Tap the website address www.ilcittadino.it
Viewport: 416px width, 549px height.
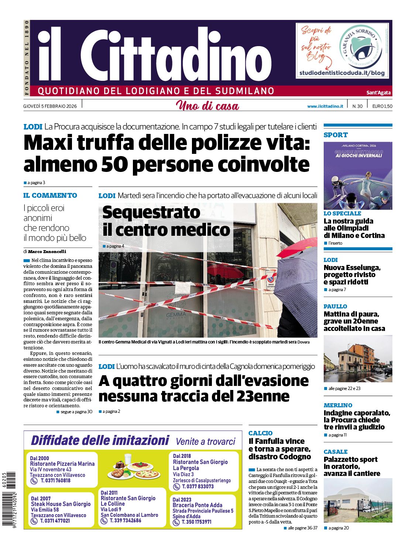tap(325, 106)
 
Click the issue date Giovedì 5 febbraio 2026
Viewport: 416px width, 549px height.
tap(50, 106)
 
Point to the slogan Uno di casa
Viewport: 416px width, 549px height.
tap(207, 106)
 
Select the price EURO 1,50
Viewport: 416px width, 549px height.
tap(382, 106)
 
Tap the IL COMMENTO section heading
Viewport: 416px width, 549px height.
tap(50, 196)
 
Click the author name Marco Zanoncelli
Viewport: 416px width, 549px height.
tap(47, 252)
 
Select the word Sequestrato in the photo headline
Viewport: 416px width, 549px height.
tap(151, 212)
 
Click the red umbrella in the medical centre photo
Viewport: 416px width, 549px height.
tap(298, 247)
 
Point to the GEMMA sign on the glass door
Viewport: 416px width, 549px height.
tap(176, 315)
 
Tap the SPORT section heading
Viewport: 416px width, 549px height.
tap(336, 135)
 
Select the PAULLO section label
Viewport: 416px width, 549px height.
tap(335, 306)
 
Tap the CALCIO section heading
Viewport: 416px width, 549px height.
tap(261, 433)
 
